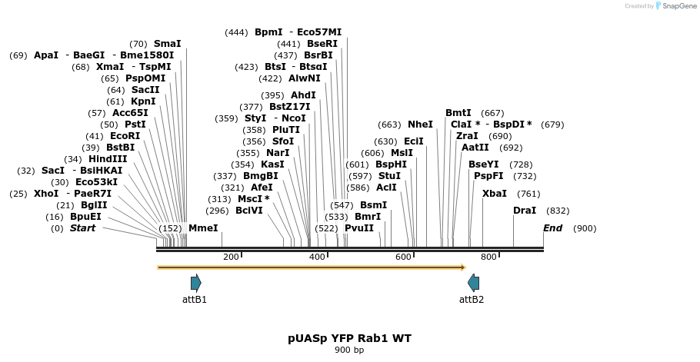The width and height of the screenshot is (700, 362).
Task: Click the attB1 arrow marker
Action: [x=195, y=283]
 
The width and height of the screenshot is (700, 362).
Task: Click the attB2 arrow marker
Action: [x=473, y=283]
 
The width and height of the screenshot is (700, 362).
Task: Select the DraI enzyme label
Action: [x=525, y=211]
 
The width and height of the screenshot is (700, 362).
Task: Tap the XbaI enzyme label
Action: [x=495, y=194]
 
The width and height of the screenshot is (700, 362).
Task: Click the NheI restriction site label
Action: [x=420, y=125]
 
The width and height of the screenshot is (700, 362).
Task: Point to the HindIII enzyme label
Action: [x=108, y=159]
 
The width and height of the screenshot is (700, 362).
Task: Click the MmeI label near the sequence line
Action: [x=203, y=228]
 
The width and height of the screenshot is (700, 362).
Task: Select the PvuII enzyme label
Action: [x=359, y=228]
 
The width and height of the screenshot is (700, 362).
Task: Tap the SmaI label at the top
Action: [x=167, y=44]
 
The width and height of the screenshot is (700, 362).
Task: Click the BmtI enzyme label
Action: [x=458, y=113]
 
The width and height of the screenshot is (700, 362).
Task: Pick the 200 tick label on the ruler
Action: [x=231, y=257]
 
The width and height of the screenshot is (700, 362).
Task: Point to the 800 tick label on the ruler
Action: [x=488, y=257]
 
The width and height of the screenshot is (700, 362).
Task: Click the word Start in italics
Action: [x=82, y=228]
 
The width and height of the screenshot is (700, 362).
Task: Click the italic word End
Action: [x=552, y=228]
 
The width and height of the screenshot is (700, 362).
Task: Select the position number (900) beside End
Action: [x=585, y=228]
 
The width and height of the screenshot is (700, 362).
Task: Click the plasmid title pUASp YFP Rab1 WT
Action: [x=349, y=338]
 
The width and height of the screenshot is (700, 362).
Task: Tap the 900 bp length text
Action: [x=349, y=350]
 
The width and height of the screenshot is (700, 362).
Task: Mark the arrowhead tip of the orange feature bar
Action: [x=465, y=267]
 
